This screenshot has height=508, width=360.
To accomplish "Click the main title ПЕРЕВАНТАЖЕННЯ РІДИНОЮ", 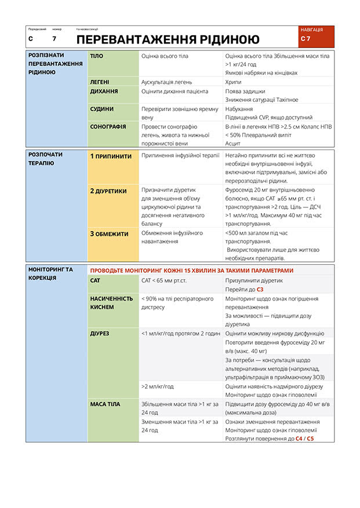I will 168,39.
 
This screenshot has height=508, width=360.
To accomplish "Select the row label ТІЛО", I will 97,56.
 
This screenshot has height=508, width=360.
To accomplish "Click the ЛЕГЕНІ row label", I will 100,82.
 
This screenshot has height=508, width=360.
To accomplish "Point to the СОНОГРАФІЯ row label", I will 108,126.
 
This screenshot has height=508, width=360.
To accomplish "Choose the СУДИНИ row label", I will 102,109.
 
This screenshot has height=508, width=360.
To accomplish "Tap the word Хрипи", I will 234,82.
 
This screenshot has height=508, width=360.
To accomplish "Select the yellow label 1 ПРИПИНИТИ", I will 111,156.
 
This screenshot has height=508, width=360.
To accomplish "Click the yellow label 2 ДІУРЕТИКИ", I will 108,191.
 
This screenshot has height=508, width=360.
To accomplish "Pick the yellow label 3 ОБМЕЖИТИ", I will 109,234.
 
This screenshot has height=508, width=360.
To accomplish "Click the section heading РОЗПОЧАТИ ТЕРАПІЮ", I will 46,159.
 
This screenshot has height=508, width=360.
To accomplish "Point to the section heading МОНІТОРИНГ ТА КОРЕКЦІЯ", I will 51,273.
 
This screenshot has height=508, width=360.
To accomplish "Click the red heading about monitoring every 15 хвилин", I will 192,271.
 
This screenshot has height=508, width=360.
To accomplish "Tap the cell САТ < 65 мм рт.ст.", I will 164,280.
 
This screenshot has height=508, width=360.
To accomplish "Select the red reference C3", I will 260,289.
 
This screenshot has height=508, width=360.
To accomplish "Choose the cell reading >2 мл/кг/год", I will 158,386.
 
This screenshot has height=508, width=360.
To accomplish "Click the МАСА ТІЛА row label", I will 106,404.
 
